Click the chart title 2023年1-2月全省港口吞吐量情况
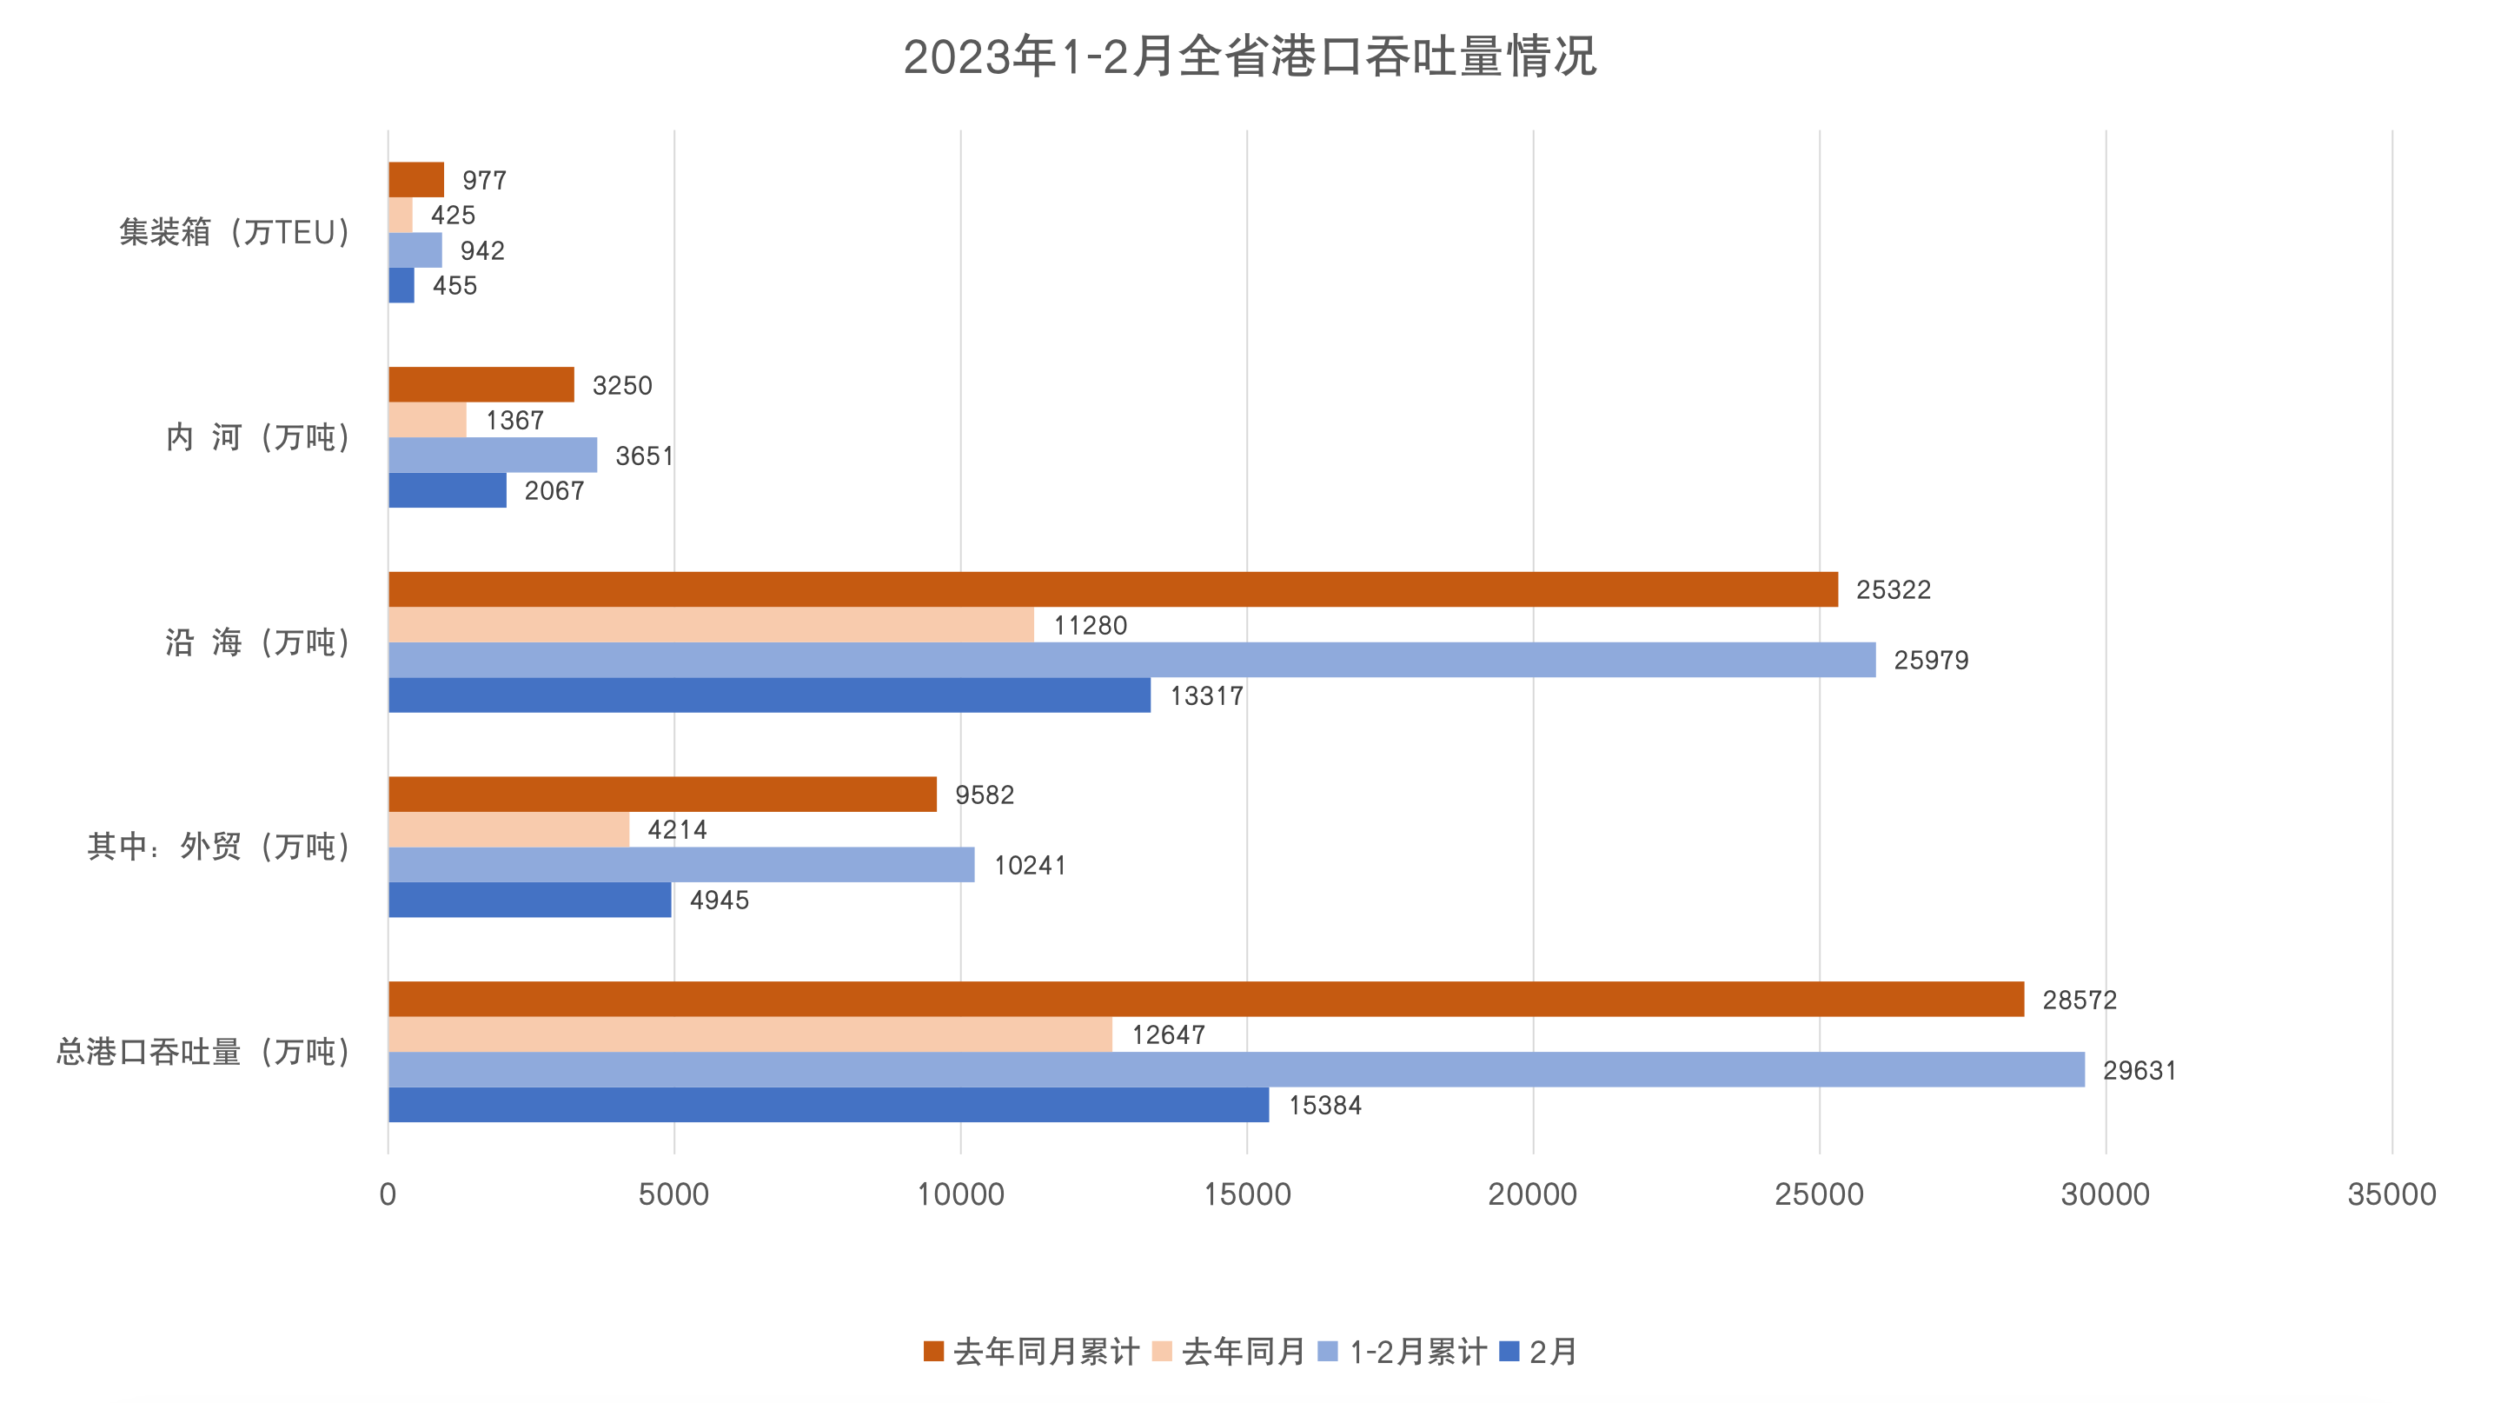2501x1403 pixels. tap(1250, 57)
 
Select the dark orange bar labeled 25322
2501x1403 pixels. tap(1112, 589)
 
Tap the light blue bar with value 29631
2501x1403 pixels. tap(1236, 1069)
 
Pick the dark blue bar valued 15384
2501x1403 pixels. tap(828, 1105)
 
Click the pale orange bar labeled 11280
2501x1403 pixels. tap(711, 624)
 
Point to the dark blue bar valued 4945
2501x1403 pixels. tap(529, 900)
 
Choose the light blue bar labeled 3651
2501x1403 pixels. tap(492, 455)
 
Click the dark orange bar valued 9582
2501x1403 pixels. tap(662, 795)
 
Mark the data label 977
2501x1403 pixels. tap(483, 181)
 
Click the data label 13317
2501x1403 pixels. tap(1206, 696)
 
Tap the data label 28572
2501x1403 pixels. tap(2079, 1000)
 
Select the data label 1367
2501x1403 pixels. tap(514, 421)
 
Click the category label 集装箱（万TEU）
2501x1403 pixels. tap(234, 233)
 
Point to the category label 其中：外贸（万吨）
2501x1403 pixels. tap(218, 847)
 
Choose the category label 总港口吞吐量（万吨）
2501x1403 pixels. tap(203, 1052)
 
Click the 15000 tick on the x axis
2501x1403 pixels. tap(1247, 1194)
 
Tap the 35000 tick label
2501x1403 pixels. tap(2392, 1194)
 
